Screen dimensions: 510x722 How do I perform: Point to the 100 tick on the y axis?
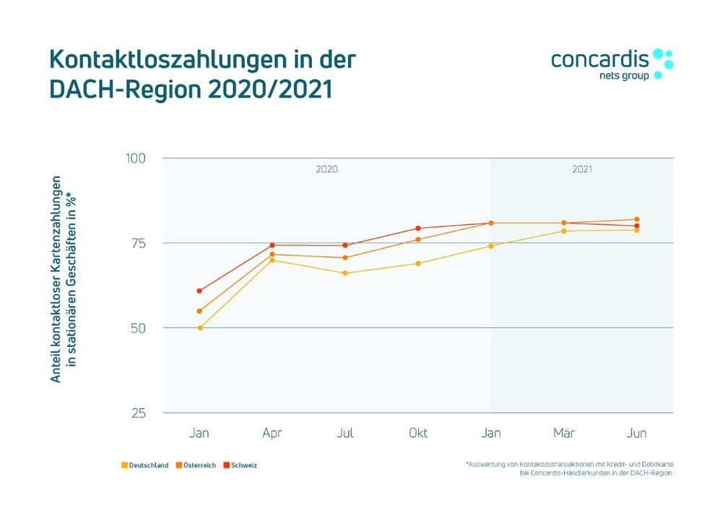coord(137,158)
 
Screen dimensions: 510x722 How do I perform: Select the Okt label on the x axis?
coord(418,434)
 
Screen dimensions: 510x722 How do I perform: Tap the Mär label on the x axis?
coord(564,434)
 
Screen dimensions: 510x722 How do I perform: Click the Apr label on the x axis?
coord(272,434)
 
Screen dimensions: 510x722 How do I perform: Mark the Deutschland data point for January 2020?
coord(200,327)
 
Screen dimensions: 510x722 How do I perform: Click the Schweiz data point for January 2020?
coord(200,291)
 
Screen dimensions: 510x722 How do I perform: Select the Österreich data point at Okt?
coord(418,239)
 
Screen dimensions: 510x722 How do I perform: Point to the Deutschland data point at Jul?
coord(345,273)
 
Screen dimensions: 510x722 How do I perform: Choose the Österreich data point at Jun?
coord(637,219)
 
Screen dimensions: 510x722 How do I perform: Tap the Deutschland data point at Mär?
coord(564,231)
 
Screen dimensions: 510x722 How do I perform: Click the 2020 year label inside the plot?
coord(326,170)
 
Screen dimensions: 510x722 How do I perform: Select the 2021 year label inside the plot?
coord(582,170)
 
